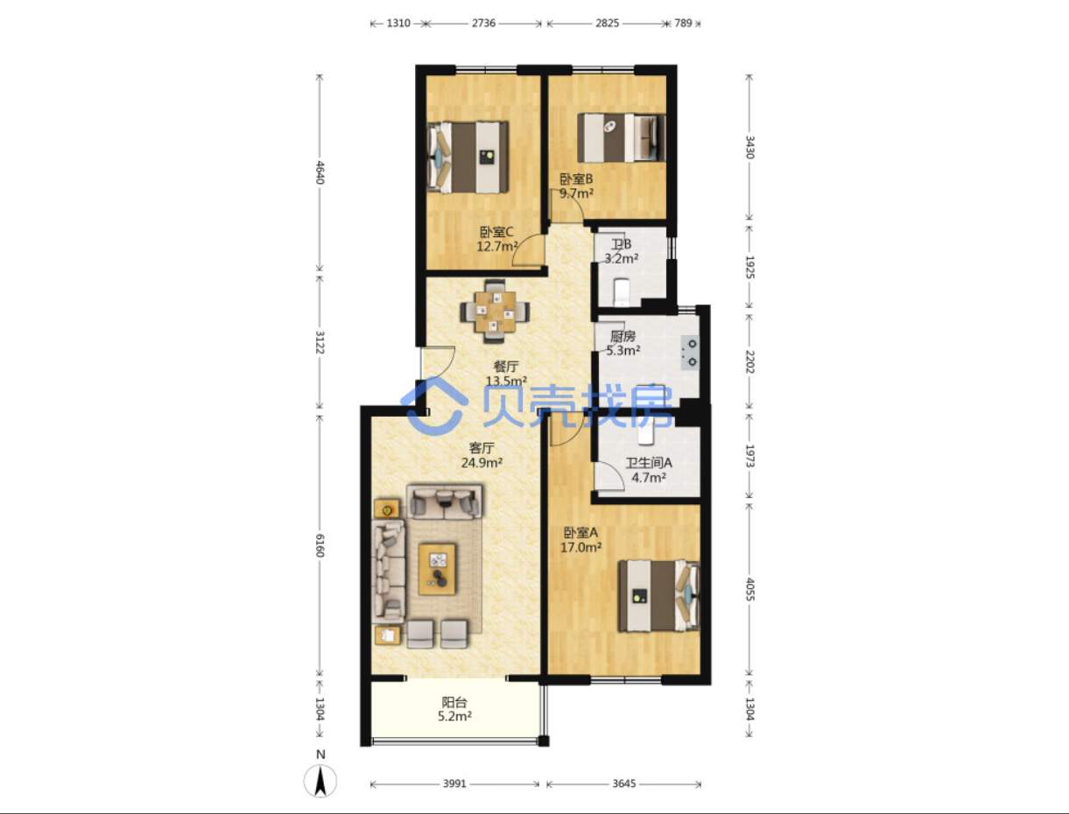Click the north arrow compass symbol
coord(320,781)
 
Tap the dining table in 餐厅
coord(496,312)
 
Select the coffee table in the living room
coord(437,569)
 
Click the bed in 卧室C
coord(468,158)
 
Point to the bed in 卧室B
coord(622,137)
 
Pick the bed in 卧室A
coord(659,596)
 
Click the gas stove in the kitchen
coord(690,353)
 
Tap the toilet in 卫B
coord(622,292)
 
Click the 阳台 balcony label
coord(454,702)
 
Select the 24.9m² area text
coord(482,462)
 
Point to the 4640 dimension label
coord(320,172)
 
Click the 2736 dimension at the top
coord(483,23)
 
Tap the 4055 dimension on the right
coord(749,589)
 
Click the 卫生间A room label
coord(649,462)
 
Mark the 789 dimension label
coord(683,23)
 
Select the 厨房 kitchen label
coord(622,336)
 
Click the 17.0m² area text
coord(580,547)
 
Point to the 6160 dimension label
coord(320,545)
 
